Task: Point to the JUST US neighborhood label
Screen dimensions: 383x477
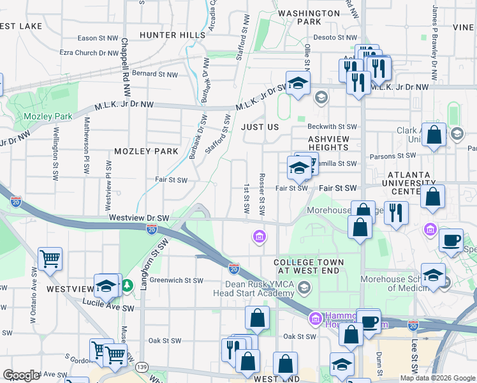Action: (x=260, y=127)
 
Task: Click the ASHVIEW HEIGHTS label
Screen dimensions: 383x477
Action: (x=328, y=143)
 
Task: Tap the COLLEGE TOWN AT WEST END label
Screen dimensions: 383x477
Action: (x=309, y=267)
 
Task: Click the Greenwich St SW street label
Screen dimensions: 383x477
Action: (x=176, y=280)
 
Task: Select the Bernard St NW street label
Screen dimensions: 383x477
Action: (x=154, y=74)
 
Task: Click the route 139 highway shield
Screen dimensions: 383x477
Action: (x=142, y=367)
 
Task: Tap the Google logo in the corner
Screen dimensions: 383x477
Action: (x=21, y=375)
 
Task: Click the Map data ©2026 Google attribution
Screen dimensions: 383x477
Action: (x=437, y=378)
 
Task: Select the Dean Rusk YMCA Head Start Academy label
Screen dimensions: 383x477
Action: (x=254, y=288)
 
